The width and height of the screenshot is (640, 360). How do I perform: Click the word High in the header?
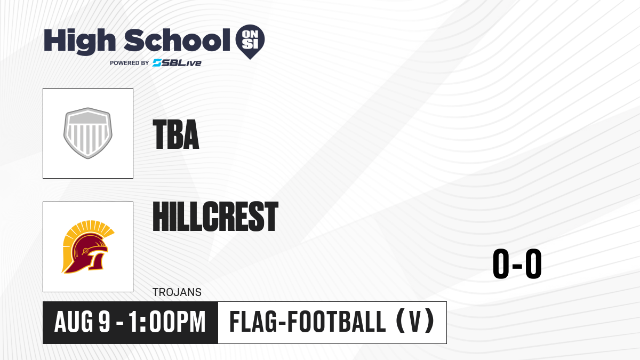[x=79, y=42]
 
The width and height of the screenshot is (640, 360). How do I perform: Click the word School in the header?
[x=177, y=40]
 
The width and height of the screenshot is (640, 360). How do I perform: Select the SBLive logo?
[x=177, y=63]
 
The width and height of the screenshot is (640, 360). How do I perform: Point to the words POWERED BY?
[x=130, y=63]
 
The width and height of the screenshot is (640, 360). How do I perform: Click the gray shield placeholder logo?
[x=88, y=133]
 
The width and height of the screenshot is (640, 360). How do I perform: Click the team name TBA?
[x=176, y=134]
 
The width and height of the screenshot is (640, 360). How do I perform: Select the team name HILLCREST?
[x=215, y=217]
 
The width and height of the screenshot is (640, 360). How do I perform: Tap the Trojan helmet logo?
[x=88, y=247]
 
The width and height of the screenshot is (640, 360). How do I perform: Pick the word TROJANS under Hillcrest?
[x=177, y=292]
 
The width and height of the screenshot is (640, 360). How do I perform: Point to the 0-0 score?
[x=517, y=263]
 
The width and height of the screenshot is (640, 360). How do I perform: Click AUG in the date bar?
[x=74, y=322]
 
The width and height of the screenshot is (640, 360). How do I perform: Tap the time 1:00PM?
[x=167, y=322]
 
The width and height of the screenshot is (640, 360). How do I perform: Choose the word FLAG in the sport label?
[x=253, y=322]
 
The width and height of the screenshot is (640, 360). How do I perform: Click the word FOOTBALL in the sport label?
[x=337, y=322]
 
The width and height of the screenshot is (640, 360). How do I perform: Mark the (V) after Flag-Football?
[x=415, y=322]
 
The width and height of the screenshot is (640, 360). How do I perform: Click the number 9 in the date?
[x=105, y=322]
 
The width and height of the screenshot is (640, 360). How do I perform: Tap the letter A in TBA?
[x=191, y=134]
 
